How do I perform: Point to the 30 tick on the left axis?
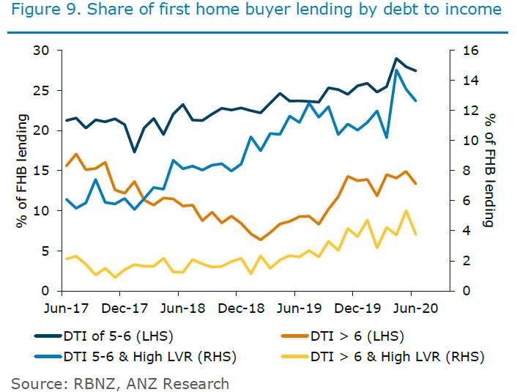[x=45, y=51]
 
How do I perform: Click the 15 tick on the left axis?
[x=45, y=171]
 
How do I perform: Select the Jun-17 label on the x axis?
[x=66, y=308]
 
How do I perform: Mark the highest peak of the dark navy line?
[x=396, y=59]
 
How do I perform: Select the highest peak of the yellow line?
[x=406, y=210]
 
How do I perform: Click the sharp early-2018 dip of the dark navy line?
[x=134, y=152]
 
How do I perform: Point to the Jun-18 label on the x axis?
[x=182, y=308]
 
